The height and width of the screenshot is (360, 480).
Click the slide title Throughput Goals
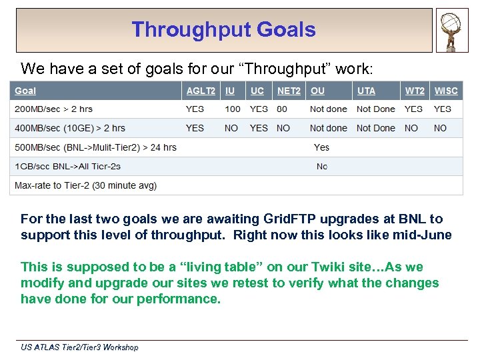click(223, 30)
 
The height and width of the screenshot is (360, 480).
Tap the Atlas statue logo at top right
click(452, 30)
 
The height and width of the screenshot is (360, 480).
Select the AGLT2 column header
click(201, 91)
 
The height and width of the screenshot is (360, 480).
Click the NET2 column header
click(289, 91)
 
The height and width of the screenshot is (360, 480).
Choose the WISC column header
click(446, 91)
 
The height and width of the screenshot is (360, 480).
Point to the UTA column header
click(366, 91)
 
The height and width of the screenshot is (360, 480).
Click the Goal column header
click(26, 91)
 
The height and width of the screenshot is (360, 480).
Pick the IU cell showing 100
click(233, 109)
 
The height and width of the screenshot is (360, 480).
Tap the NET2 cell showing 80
click(282, 109)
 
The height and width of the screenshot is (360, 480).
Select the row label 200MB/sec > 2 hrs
click(53, 109)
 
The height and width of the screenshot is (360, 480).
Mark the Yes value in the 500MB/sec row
click(321, 147)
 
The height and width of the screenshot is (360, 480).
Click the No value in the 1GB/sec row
click(322, 166)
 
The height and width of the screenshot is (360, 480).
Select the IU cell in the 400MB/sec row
click(231, 128)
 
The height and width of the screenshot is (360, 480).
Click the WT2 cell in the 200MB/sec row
click(413, 109)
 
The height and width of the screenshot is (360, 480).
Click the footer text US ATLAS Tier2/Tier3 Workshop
click(79, 347)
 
